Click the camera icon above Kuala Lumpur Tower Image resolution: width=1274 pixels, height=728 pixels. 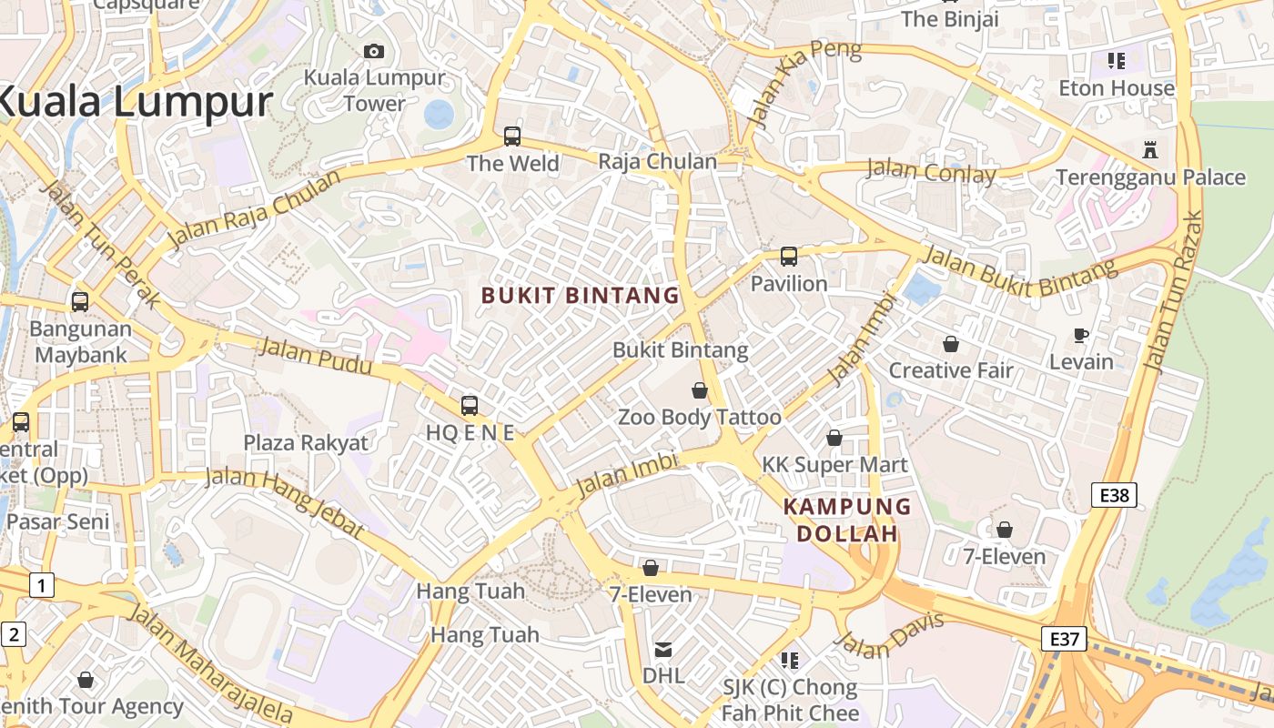(374, 52)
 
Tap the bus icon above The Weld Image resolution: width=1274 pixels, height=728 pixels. (512, 136)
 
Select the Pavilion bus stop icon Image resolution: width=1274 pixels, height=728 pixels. (789, 257)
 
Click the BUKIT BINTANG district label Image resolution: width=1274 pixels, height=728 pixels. (581, 296)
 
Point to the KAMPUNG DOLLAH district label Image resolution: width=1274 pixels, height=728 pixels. (847, 520)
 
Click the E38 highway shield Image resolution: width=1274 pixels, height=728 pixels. (1114, 495)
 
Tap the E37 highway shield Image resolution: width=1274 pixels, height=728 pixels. (1064, 639)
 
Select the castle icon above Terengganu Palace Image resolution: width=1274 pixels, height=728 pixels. (1150, 149)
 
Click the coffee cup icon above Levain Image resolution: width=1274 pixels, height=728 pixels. (1081, 335)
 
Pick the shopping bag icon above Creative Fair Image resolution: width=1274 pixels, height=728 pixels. (951, 344)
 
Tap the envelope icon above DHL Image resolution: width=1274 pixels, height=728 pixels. (663, 649)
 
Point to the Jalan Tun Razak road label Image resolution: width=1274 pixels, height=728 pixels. (1174, 293)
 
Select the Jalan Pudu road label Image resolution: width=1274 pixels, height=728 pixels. (316, 356)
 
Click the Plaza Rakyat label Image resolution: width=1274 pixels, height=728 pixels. (306, 443)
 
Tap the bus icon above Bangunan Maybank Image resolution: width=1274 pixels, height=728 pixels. (80, 301)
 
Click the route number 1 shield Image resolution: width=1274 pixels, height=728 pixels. (41, 585)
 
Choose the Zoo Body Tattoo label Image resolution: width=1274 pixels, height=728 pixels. (699, 418)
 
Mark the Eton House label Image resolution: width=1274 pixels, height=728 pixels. (1117, 88)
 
